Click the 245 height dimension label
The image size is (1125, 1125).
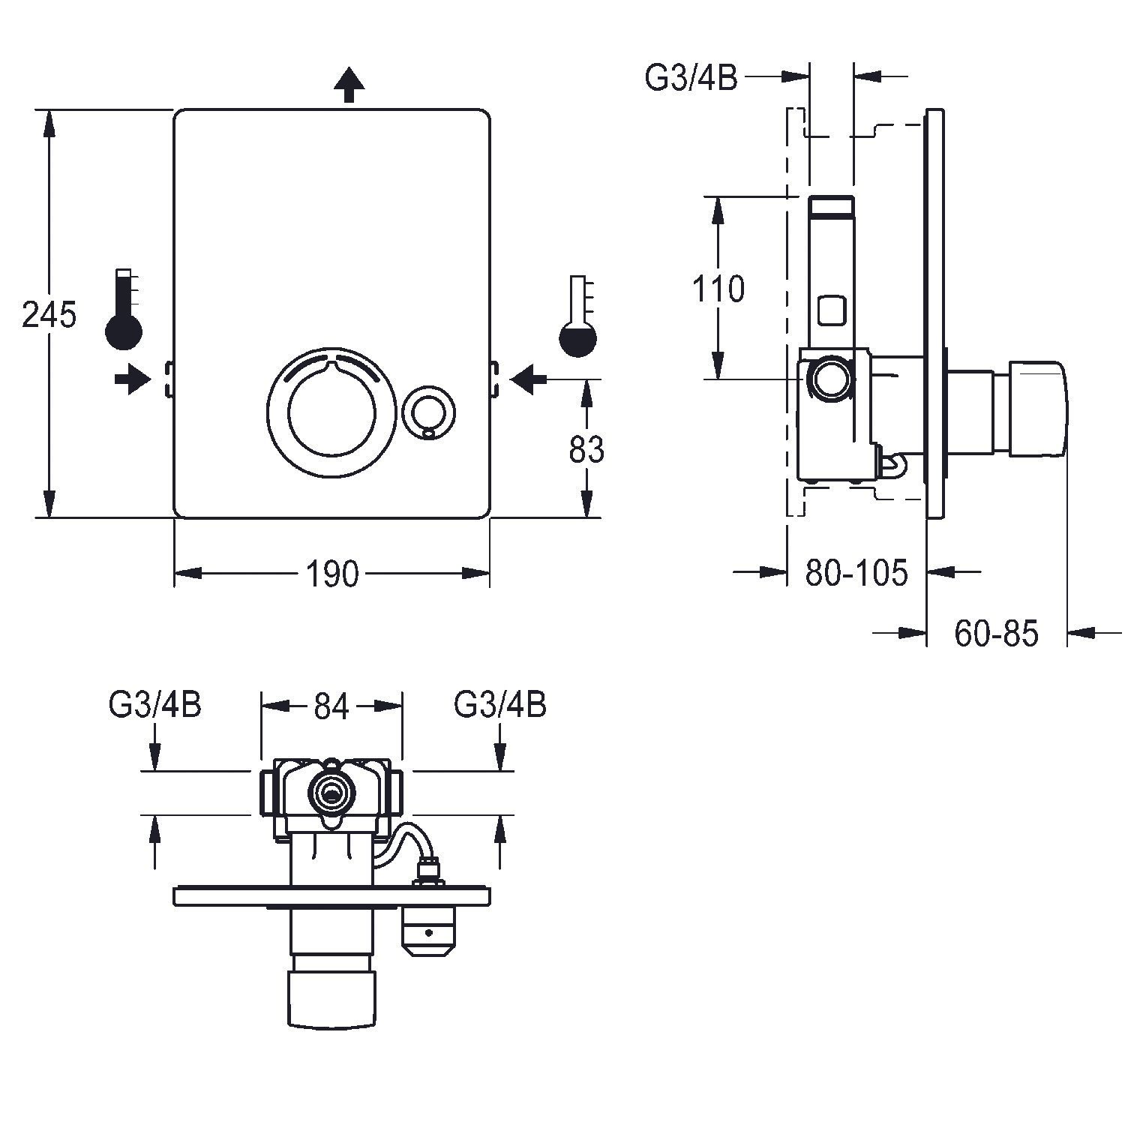coord(49,314)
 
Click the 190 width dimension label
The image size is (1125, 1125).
coord(332,574)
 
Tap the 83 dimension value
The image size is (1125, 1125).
coord(586,450)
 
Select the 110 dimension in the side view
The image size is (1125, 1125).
coord(718,289)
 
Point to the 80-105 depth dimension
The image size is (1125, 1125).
coord(856,573)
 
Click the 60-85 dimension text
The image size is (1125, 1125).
coord(996,634)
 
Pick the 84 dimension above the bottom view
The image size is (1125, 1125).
coord(331,706)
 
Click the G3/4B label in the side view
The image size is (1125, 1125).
coord(691,78)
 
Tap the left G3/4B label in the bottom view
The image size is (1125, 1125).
coord(155,705)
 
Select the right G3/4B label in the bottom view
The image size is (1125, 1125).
coord(500,705)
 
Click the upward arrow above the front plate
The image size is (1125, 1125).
coord(349,84)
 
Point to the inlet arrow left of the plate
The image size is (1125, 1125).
coord(132,379)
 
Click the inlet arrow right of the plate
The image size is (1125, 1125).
coord(529,379)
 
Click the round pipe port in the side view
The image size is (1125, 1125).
coord(829,379)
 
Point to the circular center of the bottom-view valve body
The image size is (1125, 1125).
coord(331,790)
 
